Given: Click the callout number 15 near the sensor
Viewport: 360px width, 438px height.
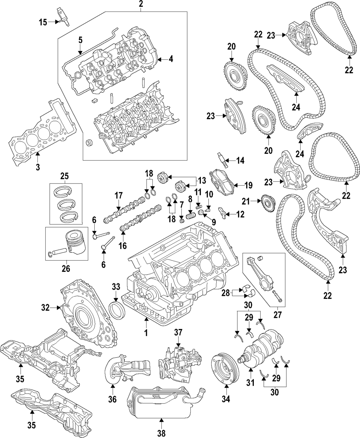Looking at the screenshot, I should [43, 22].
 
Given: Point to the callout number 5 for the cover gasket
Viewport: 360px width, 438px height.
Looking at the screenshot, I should [81, 40].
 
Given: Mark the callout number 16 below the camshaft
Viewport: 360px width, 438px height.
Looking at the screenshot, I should [123, 246].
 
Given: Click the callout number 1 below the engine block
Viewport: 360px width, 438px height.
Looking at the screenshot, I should [146, 333].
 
